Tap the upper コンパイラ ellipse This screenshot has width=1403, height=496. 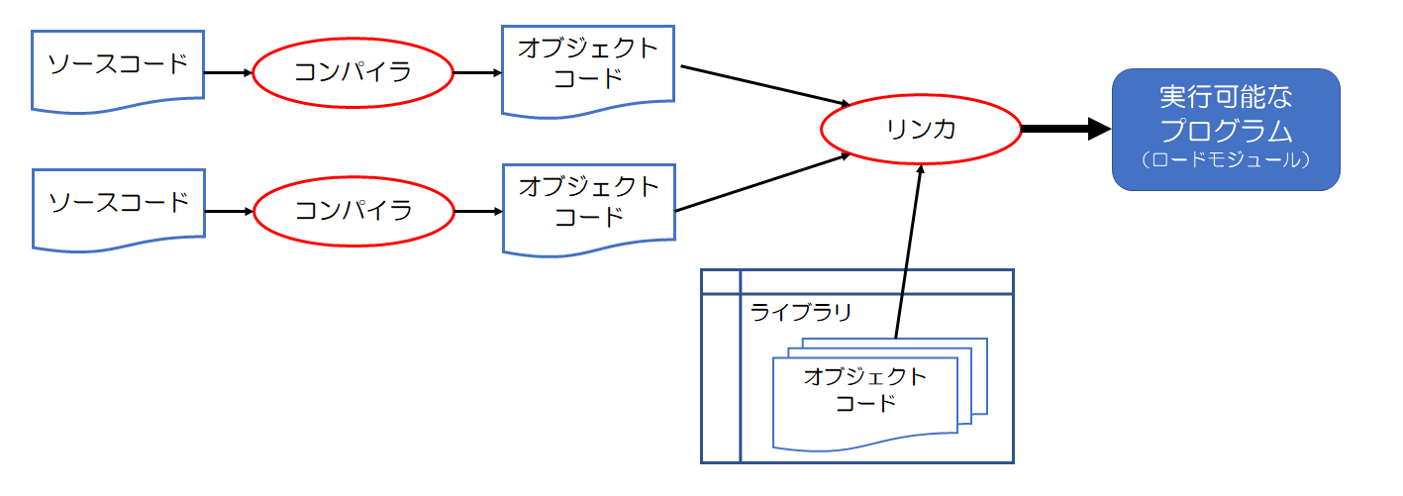352,72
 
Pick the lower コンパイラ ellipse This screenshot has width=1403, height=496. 353,211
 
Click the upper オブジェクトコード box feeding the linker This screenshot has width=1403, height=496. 588,63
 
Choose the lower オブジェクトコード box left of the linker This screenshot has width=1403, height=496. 588,202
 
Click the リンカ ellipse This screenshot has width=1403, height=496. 921,129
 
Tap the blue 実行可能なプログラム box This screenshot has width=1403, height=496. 1225,129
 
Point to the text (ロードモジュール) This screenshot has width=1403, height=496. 1225,158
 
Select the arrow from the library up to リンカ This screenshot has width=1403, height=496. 908,252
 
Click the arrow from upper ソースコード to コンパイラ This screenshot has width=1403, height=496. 227,72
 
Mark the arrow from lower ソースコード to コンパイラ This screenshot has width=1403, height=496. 229,211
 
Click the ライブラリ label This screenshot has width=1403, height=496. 800,311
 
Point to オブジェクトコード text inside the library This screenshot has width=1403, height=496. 865,390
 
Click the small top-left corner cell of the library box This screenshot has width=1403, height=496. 720,281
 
